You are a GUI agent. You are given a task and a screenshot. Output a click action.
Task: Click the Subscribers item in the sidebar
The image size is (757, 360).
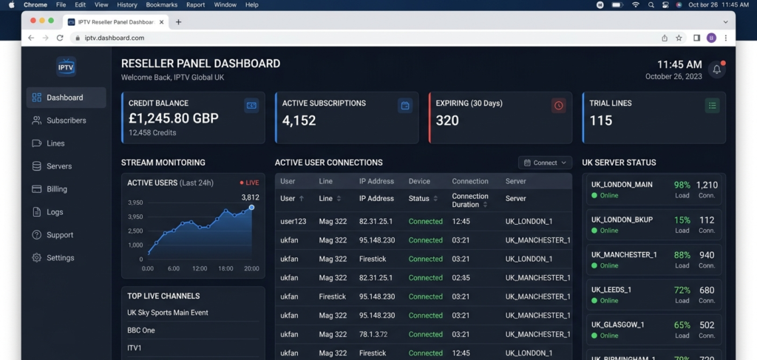point(66,120)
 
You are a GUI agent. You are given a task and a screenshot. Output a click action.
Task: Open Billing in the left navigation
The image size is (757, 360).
point(57,189)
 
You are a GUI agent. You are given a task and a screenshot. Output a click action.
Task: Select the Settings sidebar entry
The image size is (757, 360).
point(60,258)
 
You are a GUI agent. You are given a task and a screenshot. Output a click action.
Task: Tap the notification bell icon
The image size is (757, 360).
point(716,69)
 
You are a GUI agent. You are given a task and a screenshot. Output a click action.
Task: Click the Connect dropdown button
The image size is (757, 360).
point(546,163)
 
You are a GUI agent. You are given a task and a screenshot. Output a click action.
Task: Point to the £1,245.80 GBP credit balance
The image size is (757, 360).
point(174,119)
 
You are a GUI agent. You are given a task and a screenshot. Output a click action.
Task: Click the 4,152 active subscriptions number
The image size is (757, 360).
point(299,120)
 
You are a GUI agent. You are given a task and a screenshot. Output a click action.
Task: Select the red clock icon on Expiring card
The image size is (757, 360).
point(558,106)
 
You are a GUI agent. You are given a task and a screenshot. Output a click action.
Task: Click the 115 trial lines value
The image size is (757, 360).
point(601,120)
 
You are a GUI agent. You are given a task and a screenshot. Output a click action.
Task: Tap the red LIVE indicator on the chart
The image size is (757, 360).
point(249,183)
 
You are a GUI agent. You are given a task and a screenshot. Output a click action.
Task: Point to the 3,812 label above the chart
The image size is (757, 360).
point(251,197)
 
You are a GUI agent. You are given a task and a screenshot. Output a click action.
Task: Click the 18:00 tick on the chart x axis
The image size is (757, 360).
point(225,268)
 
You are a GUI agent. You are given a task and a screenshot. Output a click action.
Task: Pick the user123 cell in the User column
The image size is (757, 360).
point(293,221)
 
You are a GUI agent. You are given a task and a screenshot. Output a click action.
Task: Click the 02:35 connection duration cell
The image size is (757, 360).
point(461,278)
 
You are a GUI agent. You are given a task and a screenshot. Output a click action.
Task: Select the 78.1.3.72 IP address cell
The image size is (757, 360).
point(373,334)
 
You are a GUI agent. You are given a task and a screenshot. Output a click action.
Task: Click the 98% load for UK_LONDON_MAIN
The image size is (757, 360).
point(682,185)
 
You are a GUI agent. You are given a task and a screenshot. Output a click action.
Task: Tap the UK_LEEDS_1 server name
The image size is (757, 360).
point(611,290)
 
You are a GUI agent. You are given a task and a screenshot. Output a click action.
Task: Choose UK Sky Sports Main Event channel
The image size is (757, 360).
point(168,313)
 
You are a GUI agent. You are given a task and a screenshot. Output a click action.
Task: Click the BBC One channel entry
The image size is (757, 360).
point(141,330)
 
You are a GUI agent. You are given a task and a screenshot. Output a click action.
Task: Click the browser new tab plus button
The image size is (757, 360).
point(178,22)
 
